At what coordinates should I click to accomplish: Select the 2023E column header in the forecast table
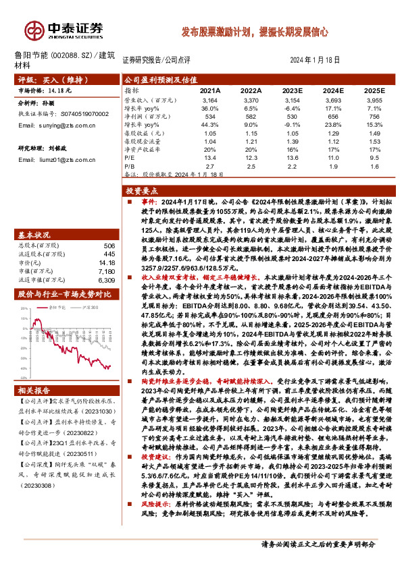pos(292,90)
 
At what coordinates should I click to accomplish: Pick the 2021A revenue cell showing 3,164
pos(209,100)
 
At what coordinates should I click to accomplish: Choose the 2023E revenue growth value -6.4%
pos(292,108)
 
